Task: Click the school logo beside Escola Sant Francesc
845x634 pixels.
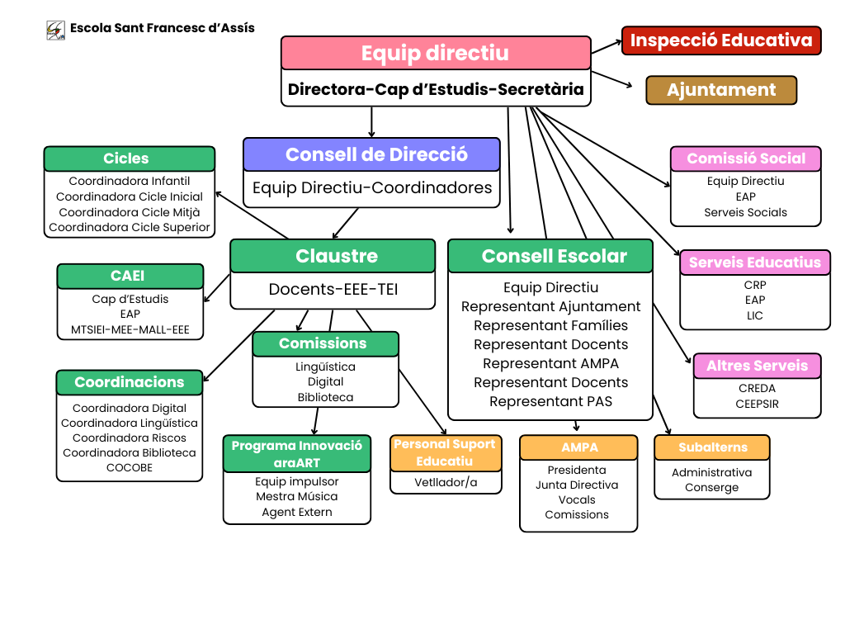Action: point(56,31)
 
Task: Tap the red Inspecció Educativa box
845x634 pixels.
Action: point(721,40)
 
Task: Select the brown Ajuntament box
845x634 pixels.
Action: point(721,90)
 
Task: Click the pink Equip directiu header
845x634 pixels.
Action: point(436,53)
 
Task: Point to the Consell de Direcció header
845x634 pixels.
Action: point(371,154)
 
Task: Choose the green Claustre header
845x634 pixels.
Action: point(333,256)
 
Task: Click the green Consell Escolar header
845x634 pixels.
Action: point(550,256)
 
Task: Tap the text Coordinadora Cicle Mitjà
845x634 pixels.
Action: point(130,212)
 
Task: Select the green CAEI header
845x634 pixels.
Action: point(130,277)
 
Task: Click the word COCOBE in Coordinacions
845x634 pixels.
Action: point(130,467)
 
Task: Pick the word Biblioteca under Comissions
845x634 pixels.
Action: point(325,397)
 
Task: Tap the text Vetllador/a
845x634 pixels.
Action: point(446,482)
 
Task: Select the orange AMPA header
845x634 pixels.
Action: point(578,447)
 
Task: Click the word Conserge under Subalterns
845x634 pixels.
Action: point(711,487)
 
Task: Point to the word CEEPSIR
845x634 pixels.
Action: point(757,404)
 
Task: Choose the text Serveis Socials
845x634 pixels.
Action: point(745,212)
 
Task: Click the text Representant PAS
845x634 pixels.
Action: point(550,401)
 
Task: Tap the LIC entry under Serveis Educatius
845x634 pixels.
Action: point(754,315)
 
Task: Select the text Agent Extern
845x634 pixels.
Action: point(296,512)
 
